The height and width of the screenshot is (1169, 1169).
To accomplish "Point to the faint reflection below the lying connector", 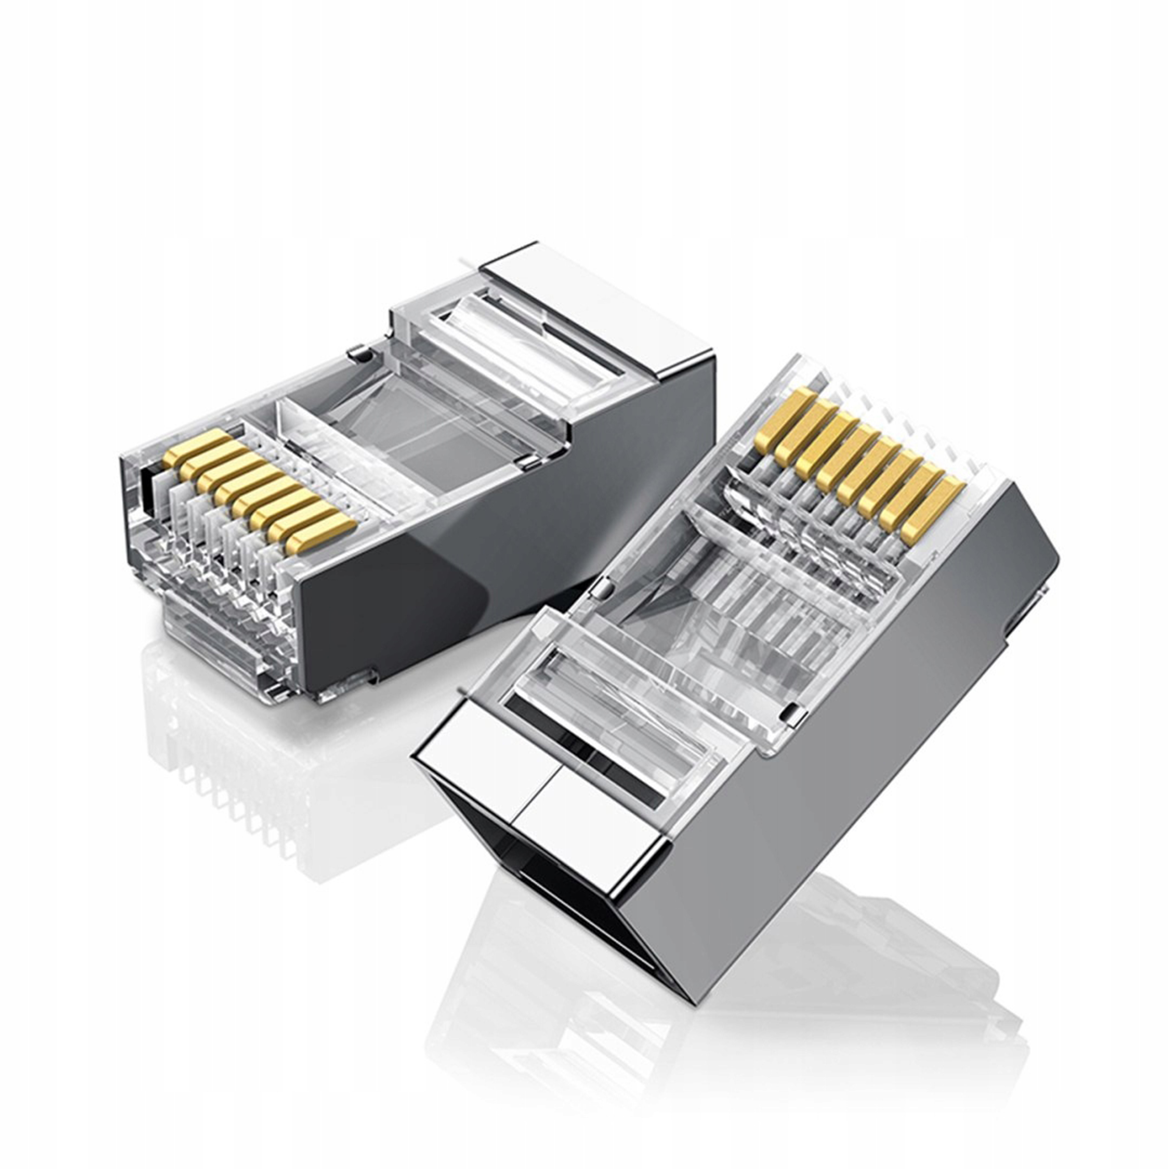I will (x=230, y=775).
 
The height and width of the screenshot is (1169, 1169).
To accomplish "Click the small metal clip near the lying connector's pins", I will (x=360, y=355).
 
